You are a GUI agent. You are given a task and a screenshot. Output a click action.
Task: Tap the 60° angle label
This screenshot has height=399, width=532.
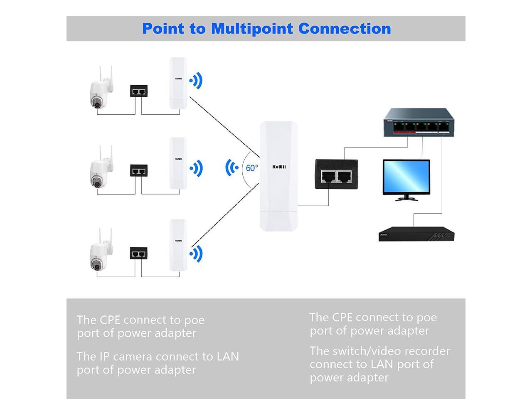[252, 168]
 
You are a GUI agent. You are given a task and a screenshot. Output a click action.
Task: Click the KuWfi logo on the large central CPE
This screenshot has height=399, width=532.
[279, 167]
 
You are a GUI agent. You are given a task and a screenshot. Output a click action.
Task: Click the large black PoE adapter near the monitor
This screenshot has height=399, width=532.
[336, 174]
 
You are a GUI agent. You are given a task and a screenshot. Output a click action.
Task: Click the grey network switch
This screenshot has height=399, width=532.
[419, 123]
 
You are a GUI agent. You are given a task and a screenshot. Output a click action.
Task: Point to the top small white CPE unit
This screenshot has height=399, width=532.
[178, 83]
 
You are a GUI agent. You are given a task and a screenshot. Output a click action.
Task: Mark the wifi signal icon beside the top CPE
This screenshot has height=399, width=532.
[196, 81]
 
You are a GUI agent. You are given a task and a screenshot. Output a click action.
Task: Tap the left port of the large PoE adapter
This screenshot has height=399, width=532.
[328, 177]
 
